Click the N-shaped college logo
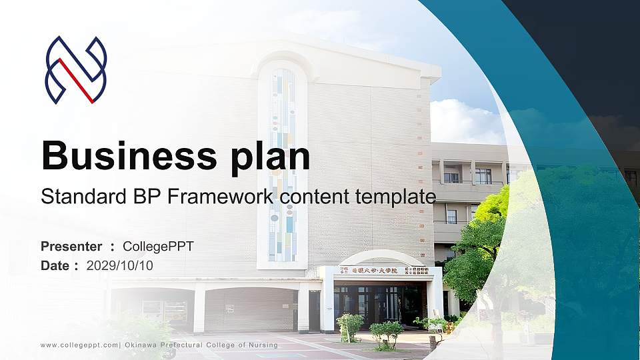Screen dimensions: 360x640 (x=75, y=70)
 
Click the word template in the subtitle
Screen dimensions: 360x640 (x=396, y=197)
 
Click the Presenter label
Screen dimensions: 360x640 (x=71, y=247)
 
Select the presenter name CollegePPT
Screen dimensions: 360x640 (x=158, y=247)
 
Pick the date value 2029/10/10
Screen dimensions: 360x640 (x=119, y=265)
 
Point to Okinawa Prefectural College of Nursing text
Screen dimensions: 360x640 (x=200, y=345)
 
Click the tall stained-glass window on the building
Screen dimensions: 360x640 (x=282, y=163)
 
